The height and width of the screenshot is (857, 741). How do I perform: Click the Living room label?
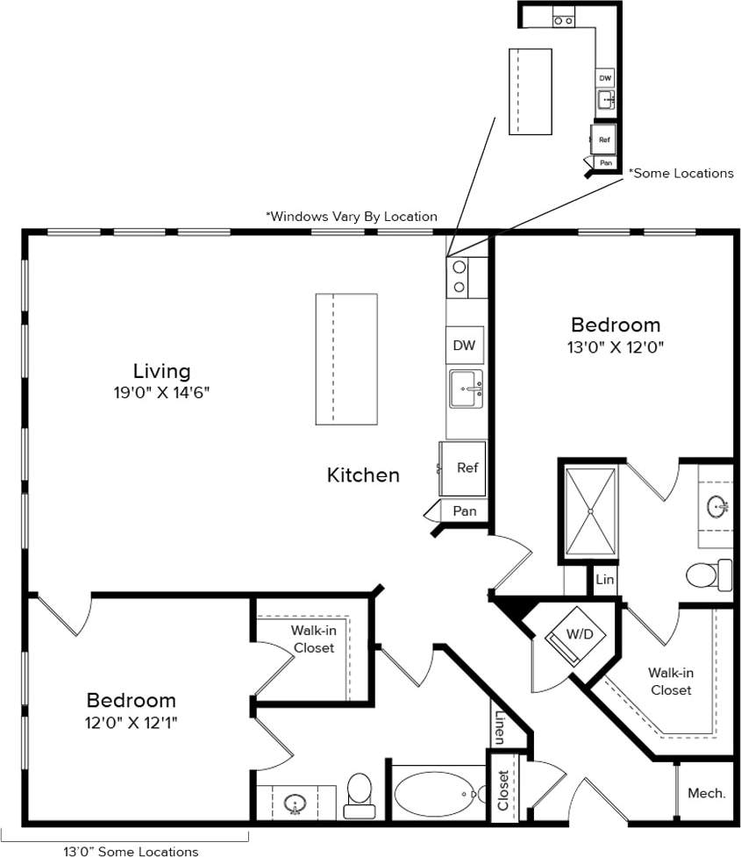pos(161,370)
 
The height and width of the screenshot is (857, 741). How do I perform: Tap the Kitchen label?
pos(363,475)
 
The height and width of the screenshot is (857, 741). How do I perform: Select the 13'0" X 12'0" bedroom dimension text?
pos(615,347)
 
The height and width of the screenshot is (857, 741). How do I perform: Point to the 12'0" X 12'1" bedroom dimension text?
pos(131,724)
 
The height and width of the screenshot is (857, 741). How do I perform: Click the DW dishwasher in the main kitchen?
pos(464,346)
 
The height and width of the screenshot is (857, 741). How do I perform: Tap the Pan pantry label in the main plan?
pos(465,511)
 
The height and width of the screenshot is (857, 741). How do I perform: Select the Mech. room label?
pos(706,793)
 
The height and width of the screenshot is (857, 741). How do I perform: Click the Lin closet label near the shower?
pos(604,581)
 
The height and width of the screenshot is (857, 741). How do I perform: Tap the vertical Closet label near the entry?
pos(503,790)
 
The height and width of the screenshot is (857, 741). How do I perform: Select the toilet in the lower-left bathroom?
pos(360,791)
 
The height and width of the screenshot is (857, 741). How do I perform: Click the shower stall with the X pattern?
pos(589,511)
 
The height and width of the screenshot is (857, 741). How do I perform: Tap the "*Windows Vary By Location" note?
pos(351,217)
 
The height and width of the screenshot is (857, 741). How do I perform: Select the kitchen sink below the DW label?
pos(467,389)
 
